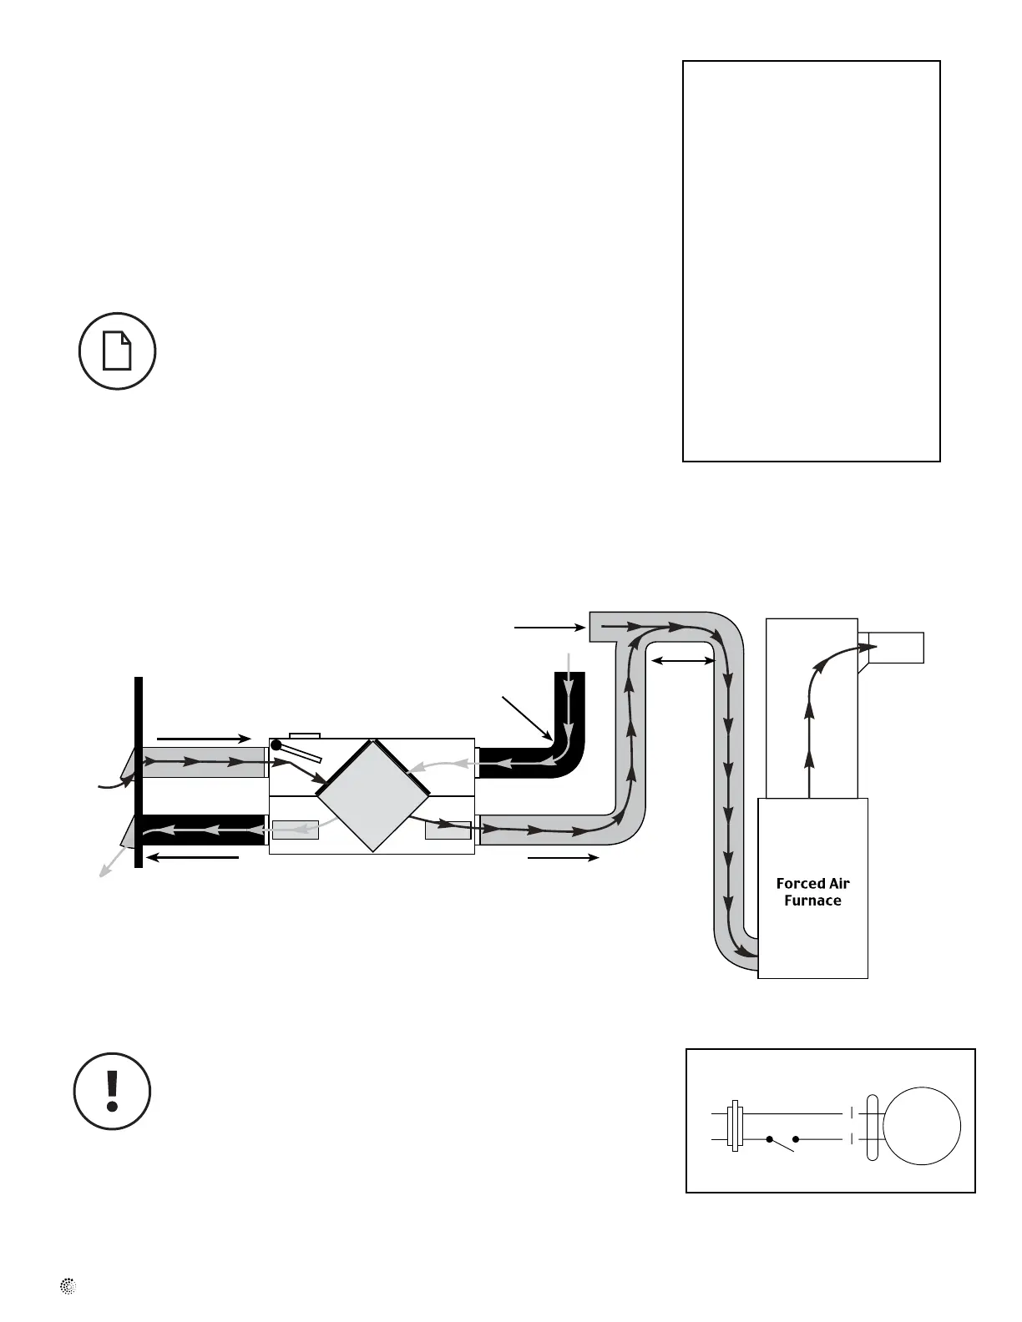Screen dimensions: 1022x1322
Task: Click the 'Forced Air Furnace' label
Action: [812, 892]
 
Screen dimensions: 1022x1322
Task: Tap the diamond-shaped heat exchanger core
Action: [373, 795]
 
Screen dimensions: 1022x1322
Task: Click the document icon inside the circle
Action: [117, 351]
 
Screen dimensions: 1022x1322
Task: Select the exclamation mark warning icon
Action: [113, 1091]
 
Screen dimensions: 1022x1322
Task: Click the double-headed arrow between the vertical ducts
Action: [683, 661]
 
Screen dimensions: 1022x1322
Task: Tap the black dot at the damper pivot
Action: [276, 744]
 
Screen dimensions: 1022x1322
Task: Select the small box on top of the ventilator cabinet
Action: [304, 735]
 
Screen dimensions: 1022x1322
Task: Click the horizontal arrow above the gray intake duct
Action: [204, 738]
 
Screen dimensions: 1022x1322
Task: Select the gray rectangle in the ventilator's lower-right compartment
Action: [448, 830]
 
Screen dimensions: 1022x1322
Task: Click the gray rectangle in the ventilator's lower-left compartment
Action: [296, 830]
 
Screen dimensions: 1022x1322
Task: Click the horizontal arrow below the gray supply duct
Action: [564, 857]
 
